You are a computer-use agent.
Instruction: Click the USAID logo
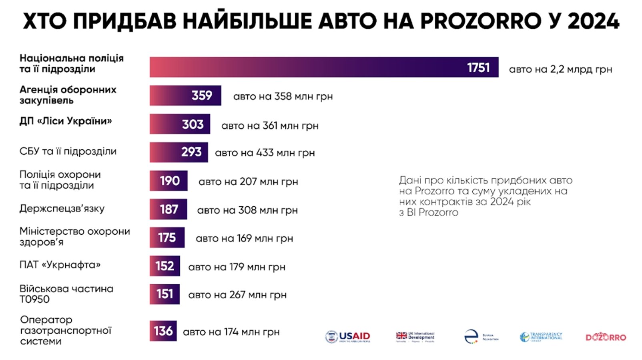pos(348,337)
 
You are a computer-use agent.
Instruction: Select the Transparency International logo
pos(541,337)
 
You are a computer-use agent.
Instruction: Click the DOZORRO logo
pos(606,337)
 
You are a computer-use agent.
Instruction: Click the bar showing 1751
pos(324,67)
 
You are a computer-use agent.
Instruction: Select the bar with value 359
pos(185,96)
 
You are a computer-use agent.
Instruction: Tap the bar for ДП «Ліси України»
pos(180,124)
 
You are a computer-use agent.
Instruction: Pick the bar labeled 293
pos(179,152)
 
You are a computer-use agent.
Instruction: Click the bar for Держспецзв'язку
pos(168,209)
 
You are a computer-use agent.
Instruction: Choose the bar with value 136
pos(163,331)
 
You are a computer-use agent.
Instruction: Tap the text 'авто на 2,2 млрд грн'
pos(560,70)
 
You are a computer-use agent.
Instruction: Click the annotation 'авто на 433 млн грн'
pos(265,153)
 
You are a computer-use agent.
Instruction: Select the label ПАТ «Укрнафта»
pos(60,265)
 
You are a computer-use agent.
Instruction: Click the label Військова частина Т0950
pos(66,294)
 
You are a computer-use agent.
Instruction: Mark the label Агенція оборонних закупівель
pos(68,95)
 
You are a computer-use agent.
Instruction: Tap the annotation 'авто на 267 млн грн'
pos(237,295)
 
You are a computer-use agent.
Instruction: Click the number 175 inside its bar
pos(167,238)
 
